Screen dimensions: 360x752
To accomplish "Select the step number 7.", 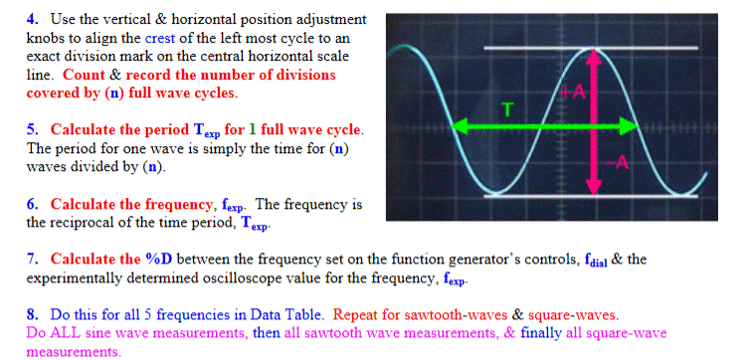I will click(x=31, y=260).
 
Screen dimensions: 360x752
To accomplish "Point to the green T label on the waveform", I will click(x=507, y=109).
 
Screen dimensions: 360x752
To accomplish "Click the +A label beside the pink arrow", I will click(x=578, y=92).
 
